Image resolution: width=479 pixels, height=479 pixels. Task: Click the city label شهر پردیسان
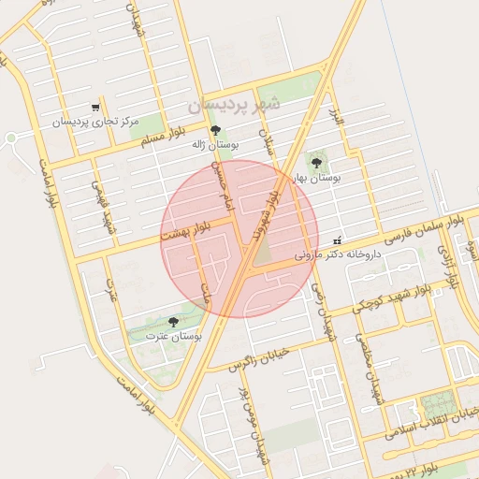233,105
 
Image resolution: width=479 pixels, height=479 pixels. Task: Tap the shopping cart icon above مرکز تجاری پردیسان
94,108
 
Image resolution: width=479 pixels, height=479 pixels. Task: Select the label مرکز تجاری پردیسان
94,123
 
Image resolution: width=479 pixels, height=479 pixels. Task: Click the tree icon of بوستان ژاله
216,130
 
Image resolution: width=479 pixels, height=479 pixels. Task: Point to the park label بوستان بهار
316,176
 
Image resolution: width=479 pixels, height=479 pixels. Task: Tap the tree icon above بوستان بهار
316,162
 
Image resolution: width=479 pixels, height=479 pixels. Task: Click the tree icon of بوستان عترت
173,321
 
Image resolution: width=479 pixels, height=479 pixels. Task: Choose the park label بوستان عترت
175,335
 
